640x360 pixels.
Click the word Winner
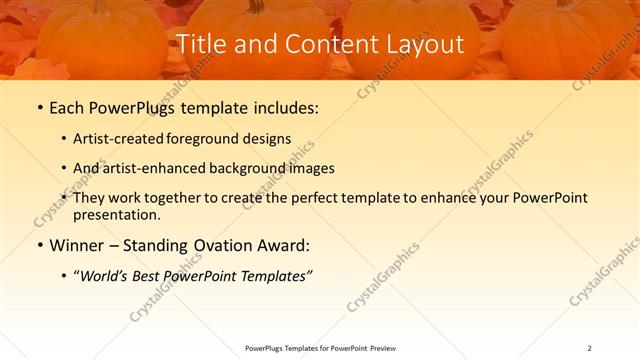pos(79,245)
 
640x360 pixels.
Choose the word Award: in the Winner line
pos(283,245)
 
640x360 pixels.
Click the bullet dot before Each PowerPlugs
pos(39,107)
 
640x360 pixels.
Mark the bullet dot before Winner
pos(39,245)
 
